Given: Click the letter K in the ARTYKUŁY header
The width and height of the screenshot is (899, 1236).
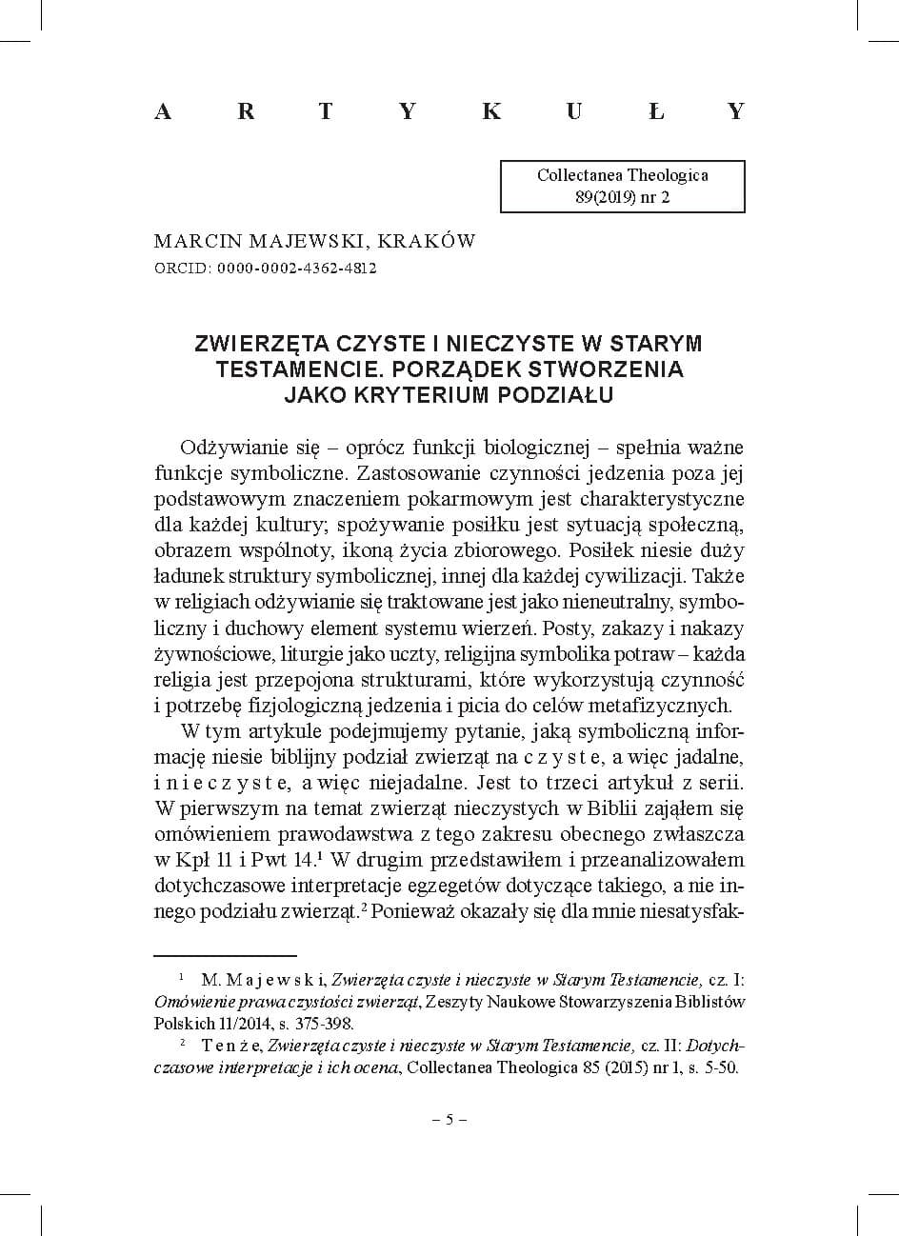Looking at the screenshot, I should click(x=491, y=111).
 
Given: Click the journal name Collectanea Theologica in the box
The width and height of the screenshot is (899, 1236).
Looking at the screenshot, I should click(x=622, y=175).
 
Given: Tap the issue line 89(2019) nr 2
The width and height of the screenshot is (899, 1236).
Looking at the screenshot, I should click(x=622, y=197).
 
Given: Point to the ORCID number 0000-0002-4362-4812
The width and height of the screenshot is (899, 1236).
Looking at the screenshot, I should click(x=296, y=268).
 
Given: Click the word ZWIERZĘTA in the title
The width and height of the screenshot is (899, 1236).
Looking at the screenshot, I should click(x=252, y=343).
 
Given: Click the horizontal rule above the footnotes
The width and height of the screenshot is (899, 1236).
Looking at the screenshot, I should click(x=226, y=953).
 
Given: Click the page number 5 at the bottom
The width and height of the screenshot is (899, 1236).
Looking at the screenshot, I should click(x=449, y=1119).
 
